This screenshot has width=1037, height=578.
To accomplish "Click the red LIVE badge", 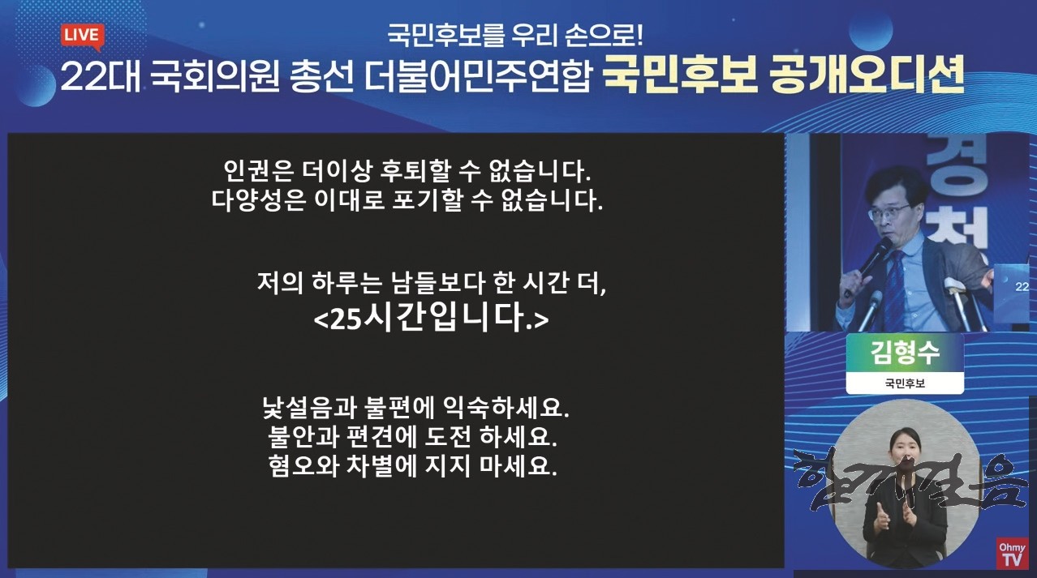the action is [x=82, y=36].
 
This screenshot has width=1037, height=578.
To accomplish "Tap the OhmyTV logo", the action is [x=1012, y=553].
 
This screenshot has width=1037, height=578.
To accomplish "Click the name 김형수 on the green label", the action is [x=905, y=352].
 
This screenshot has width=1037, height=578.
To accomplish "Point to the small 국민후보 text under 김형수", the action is [x=905, y=383].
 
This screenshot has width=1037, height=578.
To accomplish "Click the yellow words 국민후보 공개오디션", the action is [x=783, y=75].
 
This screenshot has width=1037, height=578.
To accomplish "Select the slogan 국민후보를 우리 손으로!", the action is [x=514, y=36].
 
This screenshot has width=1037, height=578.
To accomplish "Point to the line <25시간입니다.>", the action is [x=431, y=319].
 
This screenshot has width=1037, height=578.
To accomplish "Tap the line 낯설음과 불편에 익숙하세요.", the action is [x=415, y=408].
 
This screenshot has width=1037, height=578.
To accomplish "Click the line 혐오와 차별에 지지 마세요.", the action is [x=412, y=467].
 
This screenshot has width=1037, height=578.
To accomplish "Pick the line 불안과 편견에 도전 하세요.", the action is [x=412, y=437].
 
